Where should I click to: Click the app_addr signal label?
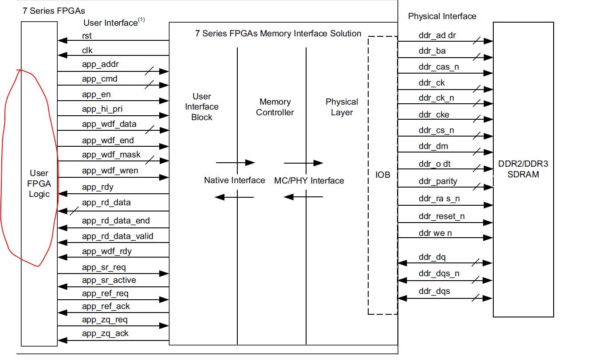100,65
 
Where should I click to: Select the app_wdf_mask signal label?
111,155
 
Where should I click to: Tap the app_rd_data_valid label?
118,236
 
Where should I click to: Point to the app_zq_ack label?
105,333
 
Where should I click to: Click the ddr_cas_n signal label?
438,67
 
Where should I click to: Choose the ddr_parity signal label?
437,181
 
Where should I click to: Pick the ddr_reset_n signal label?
441,217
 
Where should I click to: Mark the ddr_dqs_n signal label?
439,274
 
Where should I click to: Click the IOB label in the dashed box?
382,175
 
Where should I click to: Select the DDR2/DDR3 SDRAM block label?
523,169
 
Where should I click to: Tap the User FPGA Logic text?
39,184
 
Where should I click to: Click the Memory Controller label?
275,107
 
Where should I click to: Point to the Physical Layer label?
342,107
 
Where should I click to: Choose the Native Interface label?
234,180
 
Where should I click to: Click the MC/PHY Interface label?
309,180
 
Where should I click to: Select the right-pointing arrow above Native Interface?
235,163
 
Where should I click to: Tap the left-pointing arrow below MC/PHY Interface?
303,197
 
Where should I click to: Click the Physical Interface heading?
442,16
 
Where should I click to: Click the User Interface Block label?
202,107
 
